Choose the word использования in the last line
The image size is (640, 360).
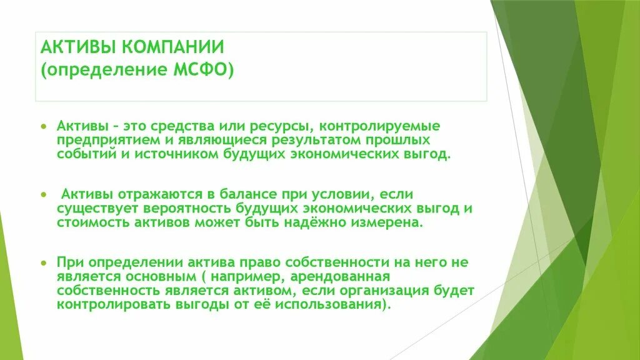click(336, 304)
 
